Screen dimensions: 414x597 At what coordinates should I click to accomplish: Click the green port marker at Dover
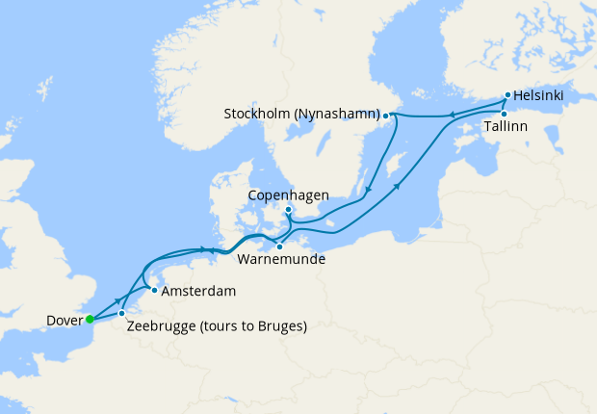pyautogui.click(x=89, y=319)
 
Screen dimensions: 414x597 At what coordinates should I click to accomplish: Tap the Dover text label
pyautogui.click(x=63, y=320)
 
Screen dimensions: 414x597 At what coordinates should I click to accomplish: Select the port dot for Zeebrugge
pyautogui.click(x=121, y=314)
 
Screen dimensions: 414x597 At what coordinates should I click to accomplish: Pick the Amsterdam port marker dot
pyautogui.click(x=153, y=289)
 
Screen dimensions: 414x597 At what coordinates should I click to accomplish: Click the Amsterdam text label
pyautogui.click(x=198, y=291)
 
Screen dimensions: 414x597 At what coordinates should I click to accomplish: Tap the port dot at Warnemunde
pyautogui.click(x=279, y=246)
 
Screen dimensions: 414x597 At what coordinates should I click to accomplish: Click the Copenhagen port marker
pyautogui.click(x=287, y=210)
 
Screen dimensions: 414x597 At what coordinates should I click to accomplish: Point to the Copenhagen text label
pyautogui.click(x=291, y=194)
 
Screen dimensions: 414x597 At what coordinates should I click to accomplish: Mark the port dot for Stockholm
pyautogui.click(x=386, y=116)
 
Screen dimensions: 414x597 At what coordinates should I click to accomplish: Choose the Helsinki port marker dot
pyautogui.click(x=507, y=96)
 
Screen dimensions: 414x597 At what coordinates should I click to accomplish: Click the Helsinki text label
pyautogui.click(x=539, y=96)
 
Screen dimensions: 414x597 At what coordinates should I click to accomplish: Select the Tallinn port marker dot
pyautogui.click(x=503, y=114)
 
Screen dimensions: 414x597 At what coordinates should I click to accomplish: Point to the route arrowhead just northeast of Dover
pyautogui.click(x=117, y=300)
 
